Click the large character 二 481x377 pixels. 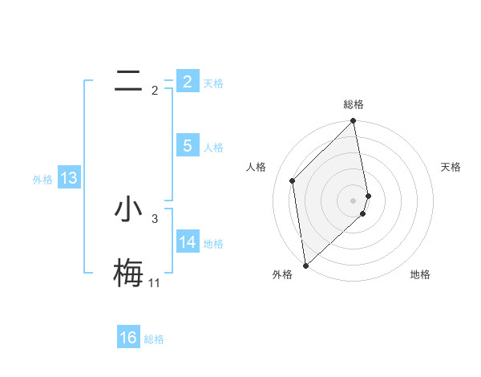click(128, 80)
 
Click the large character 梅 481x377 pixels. click(128, 273)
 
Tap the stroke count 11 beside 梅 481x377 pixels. click(154, 283)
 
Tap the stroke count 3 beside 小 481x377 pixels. click(155, 218)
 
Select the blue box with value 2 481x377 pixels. click(187, 81)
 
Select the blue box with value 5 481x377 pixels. click(187, 145)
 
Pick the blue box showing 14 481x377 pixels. click(187, 241)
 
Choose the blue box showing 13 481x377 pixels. click(69, 177)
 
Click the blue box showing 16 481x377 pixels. click(128, 338)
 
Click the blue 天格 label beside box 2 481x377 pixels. click(213, 83)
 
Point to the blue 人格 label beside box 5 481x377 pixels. click(213, 148)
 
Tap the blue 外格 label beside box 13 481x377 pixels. click(42, 180)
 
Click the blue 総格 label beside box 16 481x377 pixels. click(154, 340)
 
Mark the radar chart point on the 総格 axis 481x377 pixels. click(354, 122)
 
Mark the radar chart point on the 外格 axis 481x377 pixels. click(305, 265)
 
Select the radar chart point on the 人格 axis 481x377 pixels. click(293, 180)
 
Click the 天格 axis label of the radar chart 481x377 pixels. click(451, 167)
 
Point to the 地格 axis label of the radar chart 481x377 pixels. click(420, 275)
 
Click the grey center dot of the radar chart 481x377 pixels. click(354, 200)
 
